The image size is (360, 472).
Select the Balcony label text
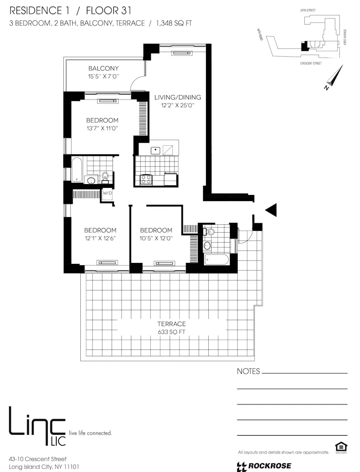(x=103, y=68)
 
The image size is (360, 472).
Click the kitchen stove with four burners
(x=146, y=179)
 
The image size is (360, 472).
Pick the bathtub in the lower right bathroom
(x=216, y=260)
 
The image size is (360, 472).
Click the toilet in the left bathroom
(x=105, y=177)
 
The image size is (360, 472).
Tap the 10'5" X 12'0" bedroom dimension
(x=156, y=238)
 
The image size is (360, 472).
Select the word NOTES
(x=248, y=371)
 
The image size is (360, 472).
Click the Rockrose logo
(x=259, y=466)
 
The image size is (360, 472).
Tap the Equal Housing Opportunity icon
(x=340, y=447)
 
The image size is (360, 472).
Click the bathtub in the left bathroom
(x=77, y=170)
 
